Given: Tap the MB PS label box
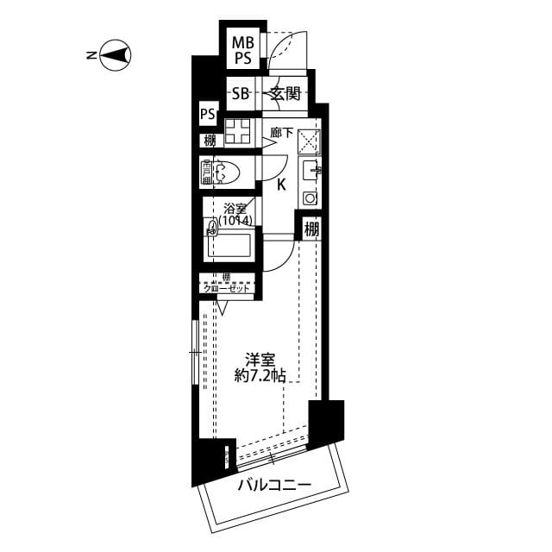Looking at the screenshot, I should click(244, 51).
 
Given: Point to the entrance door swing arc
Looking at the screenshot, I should click(285, 52).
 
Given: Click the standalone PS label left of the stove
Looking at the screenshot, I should click(208, 114).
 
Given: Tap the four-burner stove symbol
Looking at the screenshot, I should click(238, 133).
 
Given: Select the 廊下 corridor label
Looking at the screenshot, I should click(281, 133).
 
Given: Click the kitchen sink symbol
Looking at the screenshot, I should click(310, 172).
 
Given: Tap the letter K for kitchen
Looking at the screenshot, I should click(281, 183).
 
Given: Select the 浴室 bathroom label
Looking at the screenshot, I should click(234, 208).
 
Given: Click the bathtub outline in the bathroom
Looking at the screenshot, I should click(229, 247).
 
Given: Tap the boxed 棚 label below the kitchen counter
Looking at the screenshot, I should click(311, 229).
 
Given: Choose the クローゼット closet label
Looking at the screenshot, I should click(226, 288).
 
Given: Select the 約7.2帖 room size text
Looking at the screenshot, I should click(261, 376).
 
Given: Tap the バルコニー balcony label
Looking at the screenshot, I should click(273, 486).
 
